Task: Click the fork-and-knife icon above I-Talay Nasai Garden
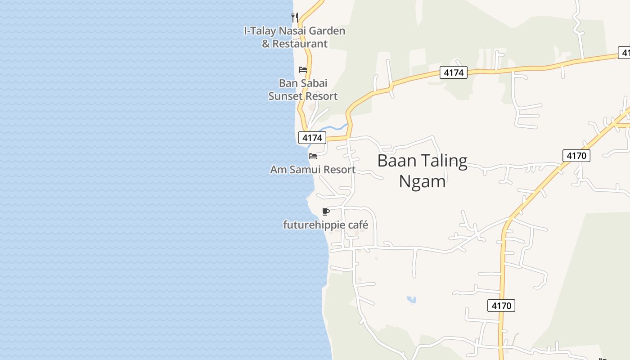coord(295,18)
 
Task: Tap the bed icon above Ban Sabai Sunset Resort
coord(303,70)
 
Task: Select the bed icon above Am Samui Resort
coord(313,156)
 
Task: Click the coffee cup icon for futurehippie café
coord(326,211)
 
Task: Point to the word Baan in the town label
coord(394,161)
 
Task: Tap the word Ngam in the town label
coord(422,181)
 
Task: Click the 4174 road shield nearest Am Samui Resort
coord(312,138)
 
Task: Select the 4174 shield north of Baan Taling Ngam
coord(453,72)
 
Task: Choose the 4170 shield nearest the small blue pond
coord(501,306)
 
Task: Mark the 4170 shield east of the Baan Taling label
coord(576,156)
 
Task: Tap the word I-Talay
coord(260,31)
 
